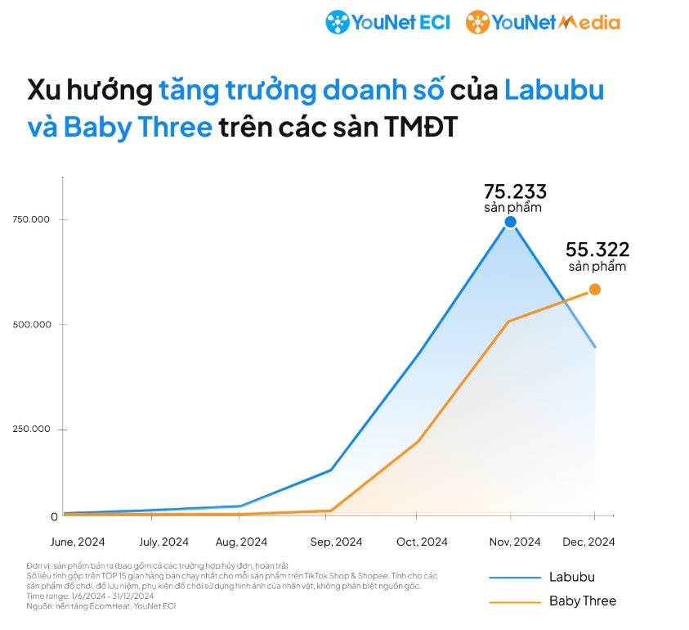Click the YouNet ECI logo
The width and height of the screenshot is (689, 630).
click(x=387, y=22)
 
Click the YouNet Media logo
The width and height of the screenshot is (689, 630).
click(x=543, y=22)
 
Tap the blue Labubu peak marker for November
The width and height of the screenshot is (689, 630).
click(x=511, y=222)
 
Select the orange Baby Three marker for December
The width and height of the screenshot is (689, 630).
click(x=595, y=289)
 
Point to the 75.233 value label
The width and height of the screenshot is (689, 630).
click(x=515, y=191)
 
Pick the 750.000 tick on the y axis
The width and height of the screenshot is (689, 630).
click(x=32, y=219)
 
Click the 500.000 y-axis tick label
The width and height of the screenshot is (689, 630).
click(x=32, y=324)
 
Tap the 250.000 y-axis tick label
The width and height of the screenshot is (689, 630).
click(x=32, y=429)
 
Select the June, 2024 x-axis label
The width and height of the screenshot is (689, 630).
click(x=78, y=542)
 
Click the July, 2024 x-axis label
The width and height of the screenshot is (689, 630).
click(x=164, y=542)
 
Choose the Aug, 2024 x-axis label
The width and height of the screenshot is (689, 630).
click(x=241, y=542)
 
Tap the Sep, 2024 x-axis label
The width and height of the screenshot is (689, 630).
click(x=337, y=542)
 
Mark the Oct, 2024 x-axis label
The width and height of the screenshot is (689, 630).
click(x=422, y=542)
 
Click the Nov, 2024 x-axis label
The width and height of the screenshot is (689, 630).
click(x=515, y=542)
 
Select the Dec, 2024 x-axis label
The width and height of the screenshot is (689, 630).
click(x=588, y=542)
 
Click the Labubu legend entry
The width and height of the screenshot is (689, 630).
click(x=571, y=577)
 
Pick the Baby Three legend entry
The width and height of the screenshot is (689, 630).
click(x=582, y=601)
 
